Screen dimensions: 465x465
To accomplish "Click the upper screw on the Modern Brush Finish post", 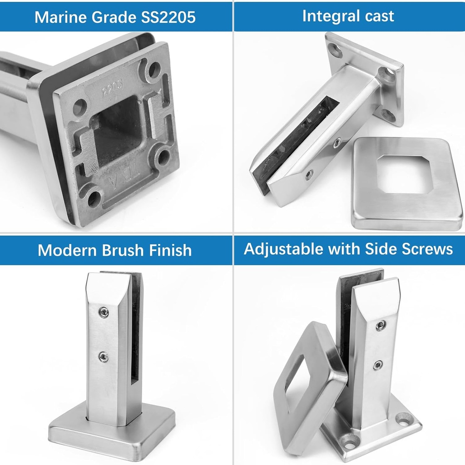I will click(x=104, y=312).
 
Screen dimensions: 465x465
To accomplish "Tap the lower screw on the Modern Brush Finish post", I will click(x=104, y=357).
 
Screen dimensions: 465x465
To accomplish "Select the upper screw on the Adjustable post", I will click(x=381, y=325).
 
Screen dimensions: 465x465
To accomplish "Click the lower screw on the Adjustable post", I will click(x=378, y=365).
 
